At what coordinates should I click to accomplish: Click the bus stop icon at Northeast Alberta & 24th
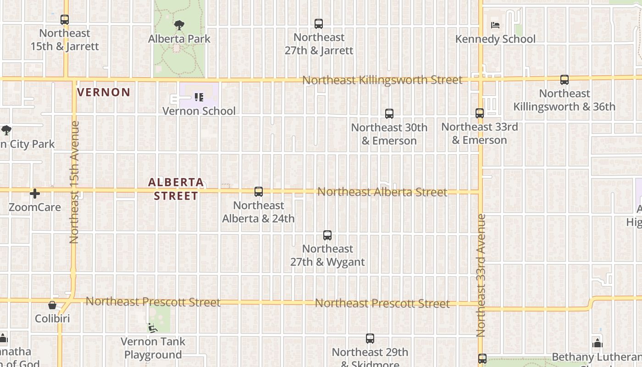(x=259, y=192)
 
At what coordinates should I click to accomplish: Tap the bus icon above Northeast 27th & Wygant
(x=327, y=235)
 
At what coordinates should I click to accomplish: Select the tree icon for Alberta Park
(x=179, y=25)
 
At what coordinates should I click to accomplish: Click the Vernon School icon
(x=199, y=97)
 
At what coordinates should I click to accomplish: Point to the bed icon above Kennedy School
(x=495, y=25)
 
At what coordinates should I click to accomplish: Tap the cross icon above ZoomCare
(x=35, y=194)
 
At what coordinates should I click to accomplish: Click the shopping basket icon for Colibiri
(x=52, y=305)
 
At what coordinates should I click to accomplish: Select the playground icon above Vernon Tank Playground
(x=153, y=328)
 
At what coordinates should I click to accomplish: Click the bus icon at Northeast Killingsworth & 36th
(x=565, y=80)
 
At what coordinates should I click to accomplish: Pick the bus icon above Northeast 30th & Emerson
(x=389, y=114)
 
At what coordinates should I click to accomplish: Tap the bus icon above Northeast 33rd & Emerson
(x=480, y=113)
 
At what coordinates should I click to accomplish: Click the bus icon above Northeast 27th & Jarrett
(x=319, y=24)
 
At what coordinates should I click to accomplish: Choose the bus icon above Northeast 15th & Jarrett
(x=65, y=20)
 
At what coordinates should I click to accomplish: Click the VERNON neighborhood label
(x=104, y=92)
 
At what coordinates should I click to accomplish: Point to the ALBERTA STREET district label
(x=176, y=189)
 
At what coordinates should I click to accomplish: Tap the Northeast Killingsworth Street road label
(x=382, y=80)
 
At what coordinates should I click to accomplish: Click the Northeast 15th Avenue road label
(x=75, y=182)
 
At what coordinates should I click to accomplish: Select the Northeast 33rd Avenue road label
(x=481, y=275)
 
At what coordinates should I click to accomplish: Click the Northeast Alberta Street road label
(x=382, y=192)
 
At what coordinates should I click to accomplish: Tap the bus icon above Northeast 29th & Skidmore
(x=370, y=339)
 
